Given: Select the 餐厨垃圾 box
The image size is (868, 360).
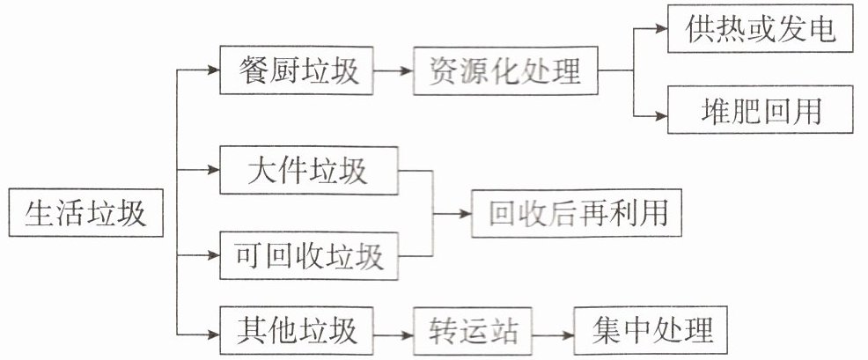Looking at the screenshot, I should [298, 70].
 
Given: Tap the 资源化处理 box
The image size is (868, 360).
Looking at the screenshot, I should [506, 70].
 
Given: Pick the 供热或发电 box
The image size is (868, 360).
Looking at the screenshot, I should [759, 29].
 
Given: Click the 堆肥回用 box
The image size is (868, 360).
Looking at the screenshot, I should [760, 110].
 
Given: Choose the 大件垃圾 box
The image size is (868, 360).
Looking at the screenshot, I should [307, 171].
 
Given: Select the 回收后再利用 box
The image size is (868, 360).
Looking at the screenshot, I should [577, 212].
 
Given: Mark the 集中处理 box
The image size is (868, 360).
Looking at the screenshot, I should [651, 333].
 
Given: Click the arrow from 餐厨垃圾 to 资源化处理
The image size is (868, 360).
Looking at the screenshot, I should [394, 70].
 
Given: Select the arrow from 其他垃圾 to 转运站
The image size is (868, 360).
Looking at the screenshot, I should [394, 334].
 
